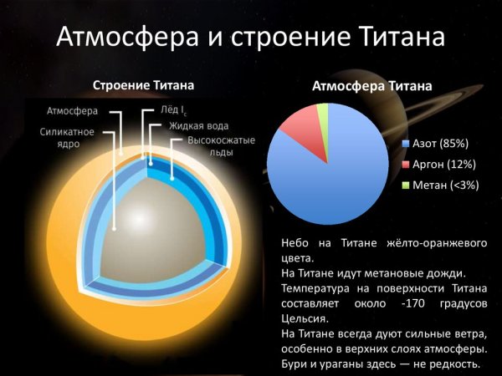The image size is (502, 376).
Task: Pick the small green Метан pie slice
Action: [323, 113]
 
